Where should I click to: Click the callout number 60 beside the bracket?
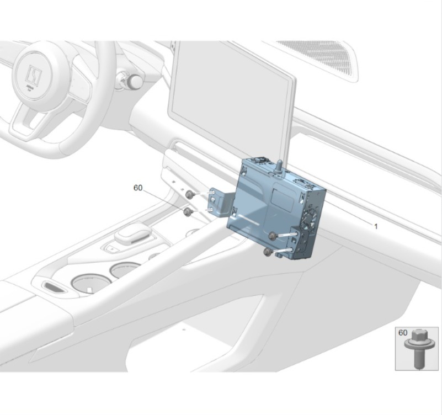tap(138, 188)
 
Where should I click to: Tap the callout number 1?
tap(375, 226)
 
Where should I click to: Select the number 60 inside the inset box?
tap(403, 333)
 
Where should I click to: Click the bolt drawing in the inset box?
tap(417, 348)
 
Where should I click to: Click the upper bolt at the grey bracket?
tap(189, 194)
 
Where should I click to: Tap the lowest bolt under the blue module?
tap(268, 252)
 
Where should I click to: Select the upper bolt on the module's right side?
tap(273, 235)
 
